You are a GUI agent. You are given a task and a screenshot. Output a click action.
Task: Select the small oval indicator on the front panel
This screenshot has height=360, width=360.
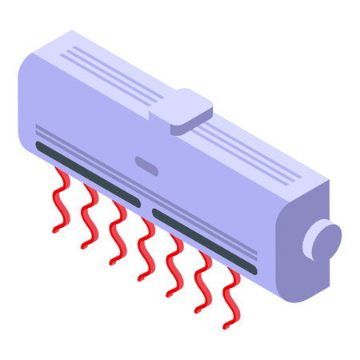[x=147, y=164]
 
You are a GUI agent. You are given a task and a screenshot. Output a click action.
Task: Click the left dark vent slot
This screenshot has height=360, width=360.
[x=88, y=172]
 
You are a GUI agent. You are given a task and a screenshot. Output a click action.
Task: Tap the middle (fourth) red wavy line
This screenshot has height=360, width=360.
[x=146, y=248]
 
